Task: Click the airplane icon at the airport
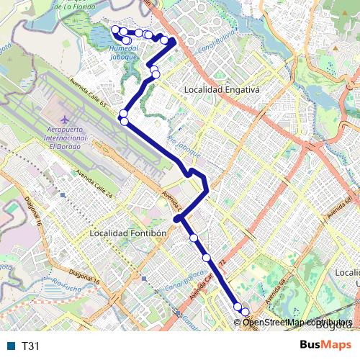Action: coord(65,117)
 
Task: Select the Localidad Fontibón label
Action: coord(128,233)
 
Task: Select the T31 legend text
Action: coord(31,346)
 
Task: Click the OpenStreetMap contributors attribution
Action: coord(296,321)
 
